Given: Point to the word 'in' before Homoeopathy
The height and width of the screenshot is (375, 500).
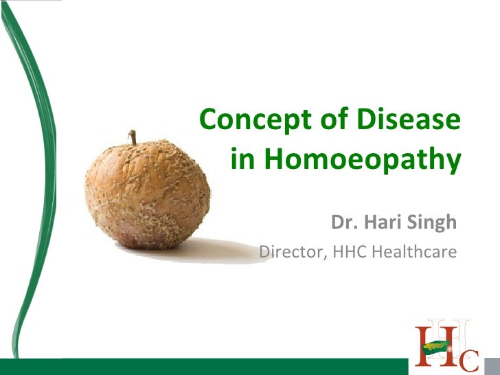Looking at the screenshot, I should coord(242,160).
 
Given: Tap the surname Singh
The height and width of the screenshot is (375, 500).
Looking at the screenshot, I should coord(433,223).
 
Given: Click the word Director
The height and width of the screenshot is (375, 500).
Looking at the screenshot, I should coord(292,252).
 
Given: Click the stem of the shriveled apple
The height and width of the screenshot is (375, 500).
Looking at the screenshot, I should coord(135,137).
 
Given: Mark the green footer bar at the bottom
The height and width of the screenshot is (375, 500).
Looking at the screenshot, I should coord(206,366).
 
